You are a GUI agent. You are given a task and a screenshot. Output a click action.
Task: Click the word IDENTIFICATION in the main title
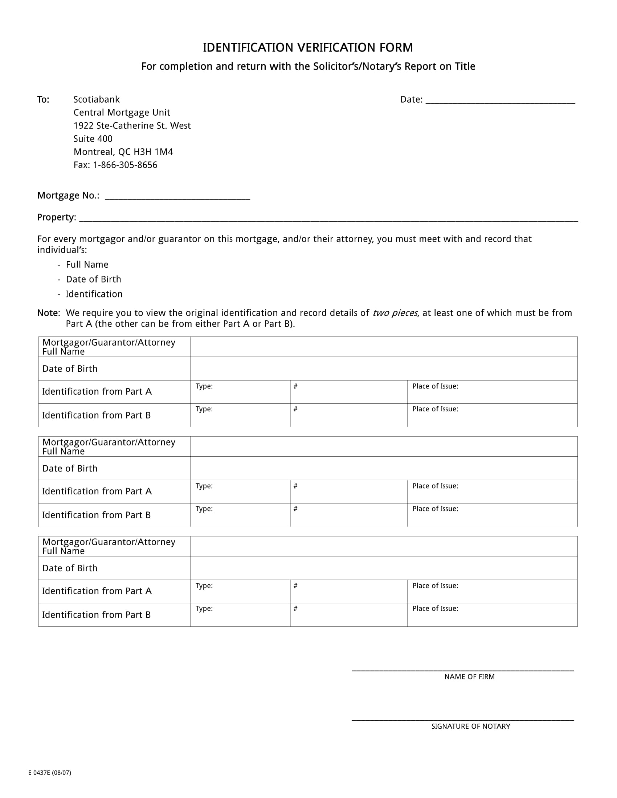248,48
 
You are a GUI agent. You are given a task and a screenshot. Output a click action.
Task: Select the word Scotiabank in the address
97,99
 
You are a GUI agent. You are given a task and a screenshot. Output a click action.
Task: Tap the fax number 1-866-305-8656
125,165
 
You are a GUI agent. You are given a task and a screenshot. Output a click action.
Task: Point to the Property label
56,217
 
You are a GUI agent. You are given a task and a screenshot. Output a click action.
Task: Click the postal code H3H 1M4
153,152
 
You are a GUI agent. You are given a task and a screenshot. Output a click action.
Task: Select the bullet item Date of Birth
93,279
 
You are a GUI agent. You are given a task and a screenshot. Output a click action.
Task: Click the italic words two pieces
395,313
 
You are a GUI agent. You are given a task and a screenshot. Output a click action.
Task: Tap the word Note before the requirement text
48,313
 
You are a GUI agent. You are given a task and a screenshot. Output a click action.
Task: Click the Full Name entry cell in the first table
383,347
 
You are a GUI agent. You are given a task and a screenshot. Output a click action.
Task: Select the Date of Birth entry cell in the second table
383,468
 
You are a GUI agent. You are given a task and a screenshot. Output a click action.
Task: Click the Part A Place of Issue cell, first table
492,392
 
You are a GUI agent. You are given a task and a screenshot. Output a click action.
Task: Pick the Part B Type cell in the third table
240,615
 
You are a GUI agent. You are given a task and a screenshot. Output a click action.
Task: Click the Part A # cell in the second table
348,492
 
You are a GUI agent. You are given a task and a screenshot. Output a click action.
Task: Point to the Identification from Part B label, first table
97,415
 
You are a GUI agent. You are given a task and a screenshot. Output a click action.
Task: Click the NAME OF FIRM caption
469,677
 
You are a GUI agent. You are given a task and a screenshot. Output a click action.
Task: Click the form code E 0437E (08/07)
50,773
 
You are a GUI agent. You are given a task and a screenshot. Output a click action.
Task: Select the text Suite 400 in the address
93,139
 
